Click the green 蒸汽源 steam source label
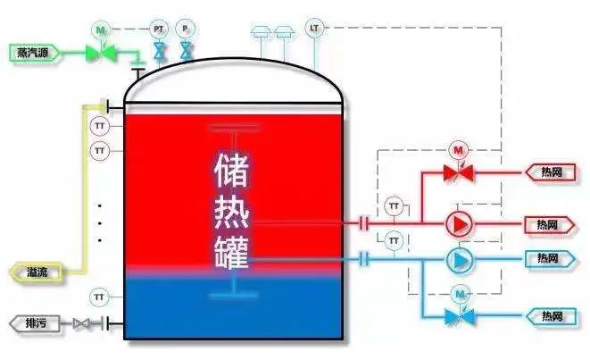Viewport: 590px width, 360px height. [x=33, y=54]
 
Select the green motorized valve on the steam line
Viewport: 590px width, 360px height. [x=100, y=54]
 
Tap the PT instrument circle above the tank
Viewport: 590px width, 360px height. [x=159, y=29]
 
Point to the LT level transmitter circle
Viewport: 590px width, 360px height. [x=314, y=28]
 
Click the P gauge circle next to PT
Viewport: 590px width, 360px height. [x=185, y=29]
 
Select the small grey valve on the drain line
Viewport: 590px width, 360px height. [x=82, y=322]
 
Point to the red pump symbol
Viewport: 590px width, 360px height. [x=460, y=222]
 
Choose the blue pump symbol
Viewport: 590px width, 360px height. [x=460, y=259]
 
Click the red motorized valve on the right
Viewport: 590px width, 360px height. [x=460, y=172]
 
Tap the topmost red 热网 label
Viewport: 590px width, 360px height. [x=552, y=172]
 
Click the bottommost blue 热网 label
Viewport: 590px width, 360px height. [x=552, y=315]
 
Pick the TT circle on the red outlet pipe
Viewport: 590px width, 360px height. [x=394, y=206]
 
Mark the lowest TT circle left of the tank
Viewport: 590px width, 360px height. [x=100, y=296]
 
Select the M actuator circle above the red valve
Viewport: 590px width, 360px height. [x=460, y=149]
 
